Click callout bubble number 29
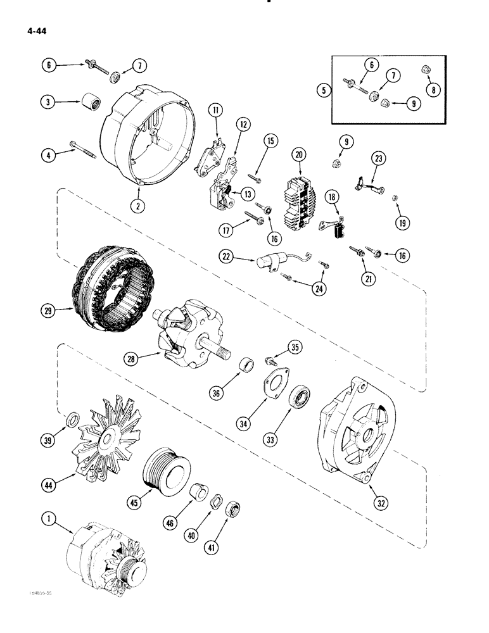[x=46, y=311]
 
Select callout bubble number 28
[x=130, y=359]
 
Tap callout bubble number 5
[x=324, y=90]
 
